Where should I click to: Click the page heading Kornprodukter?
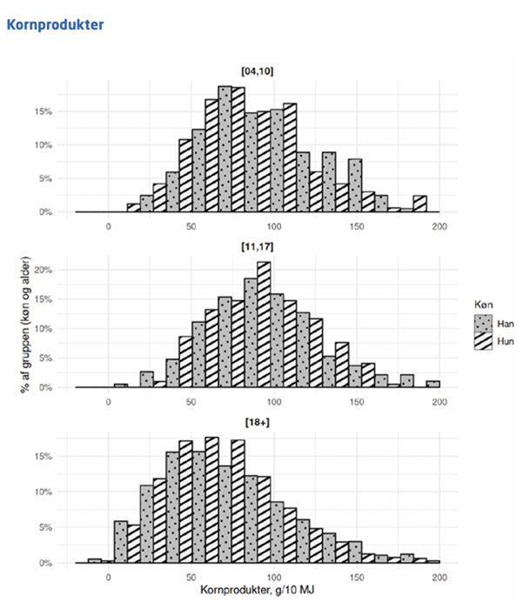(55, 24)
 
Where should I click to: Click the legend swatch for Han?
(481, 324)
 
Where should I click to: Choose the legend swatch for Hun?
(481, 342)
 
